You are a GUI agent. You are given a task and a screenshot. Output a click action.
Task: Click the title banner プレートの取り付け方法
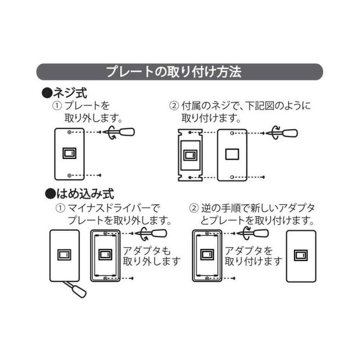coord(180,72)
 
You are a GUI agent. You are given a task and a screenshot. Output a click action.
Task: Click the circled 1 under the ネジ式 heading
coord(57,106)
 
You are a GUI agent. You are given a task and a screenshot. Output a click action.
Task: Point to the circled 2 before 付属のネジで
coord(174,106)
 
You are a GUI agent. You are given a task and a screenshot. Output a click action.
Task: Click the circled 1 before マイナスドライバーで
coord(60,208)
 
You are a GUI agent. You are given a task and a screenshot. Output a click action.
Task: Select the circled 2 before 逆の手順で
coord(194,208)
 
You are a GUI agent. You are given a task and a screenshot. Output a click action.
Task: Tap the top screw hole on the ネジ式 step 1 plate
coord(69,132)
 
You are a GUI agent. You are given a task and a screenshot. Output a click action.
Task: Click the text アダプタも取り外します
coord(151,256)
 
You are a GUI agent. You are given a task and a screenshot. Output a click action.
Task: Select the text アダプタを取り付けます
coord(253,256)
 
